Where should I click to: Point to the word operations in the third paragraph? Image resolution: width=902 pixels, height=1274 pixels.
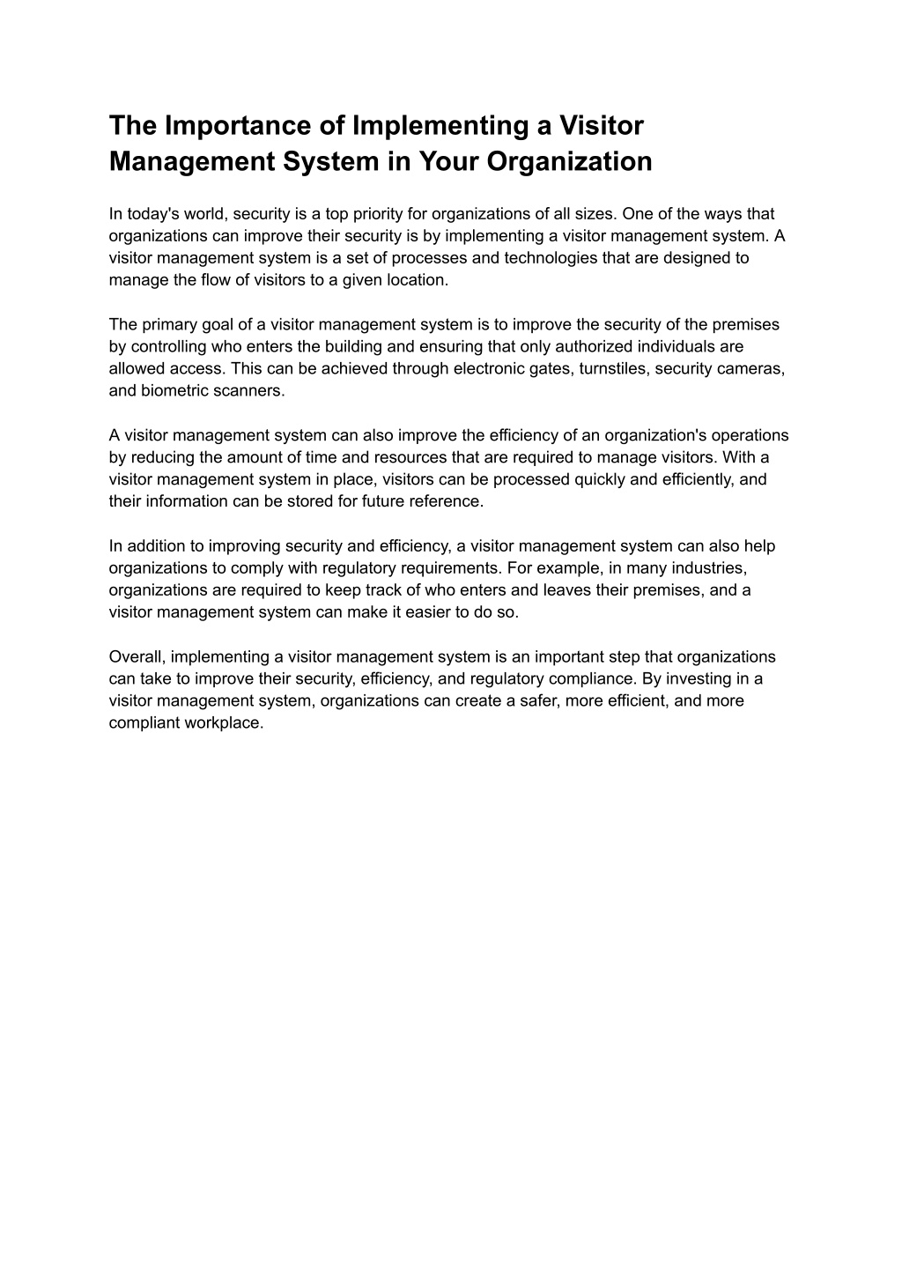point(750,435)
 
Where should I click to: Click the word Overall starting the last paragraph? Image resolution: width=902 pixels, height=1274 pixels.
point(137,656)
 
